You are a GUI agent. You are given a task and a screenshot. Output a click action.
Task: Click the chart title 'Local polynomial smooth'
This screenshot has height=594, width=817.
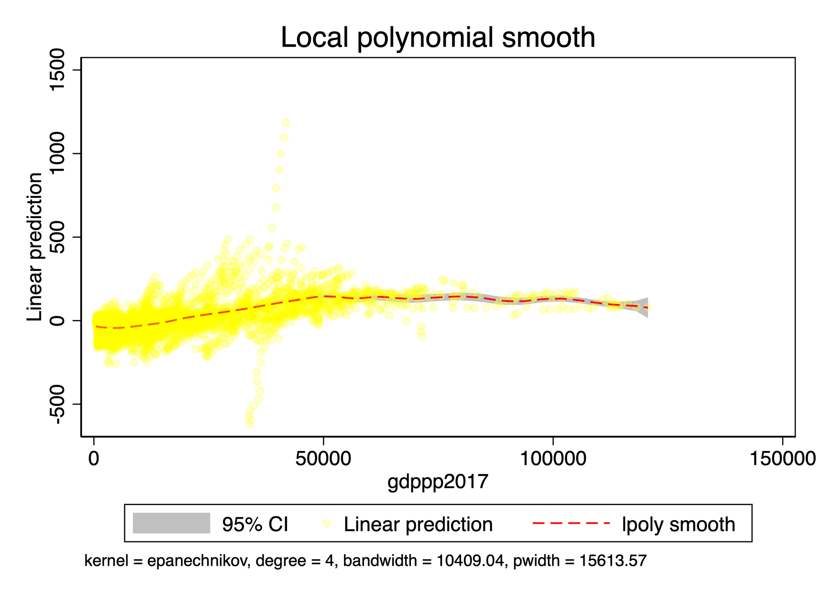coord(438,38)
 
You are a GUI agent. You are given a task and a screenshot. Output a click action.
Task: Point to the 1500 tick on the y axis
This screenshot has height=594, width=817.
coord(58,70)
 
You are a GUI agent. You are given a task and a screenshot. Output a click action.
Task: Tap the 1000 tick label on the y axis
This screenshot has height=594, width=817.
coord(58,154)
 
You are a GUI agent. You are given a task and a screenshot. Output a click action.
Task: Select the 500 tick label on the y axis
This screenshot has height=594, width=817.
coord(58,237)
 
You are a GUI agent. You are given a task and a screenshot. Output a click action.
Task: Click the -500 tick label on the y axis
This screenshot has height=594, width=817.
coord(58,404)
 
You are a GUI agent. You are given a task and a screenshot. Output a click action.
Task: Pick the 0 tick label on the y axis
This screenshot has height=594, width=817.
coord(58,321)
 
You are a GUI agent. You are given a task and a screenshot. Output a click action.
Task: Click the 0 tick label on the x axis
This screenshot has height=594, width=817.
coord(94,458)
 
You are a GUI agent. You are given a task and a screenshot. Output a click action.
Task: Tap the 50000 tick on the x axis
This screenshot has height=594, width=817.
coord(324,458)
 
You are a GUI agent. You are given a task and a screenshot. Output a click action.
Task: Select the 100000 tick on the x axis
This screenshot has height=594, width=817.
coord(553,458)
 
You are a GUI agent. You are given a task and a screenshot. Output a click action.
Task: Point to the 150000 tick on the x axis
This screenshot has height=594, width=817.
coord(782,458)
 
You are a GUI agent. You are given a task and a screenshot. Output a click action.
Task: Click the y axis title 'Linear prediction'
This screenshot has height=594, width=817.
coord(34,247)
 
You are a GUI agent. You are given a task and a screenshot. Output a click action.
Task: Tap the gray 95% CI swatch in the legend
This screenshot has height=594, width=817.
coord(171,523)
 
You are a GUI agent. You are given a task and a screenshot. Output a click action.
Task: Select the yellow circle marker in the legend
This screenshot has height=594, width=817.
coord(326,523)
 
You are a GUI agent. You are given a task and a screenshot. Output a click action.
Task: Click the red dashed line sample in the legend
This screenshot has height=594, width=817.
coord(571,523)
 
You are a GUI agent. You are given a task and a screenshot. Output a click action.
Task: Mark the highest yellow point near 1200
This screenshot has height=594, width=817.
coord(286,123)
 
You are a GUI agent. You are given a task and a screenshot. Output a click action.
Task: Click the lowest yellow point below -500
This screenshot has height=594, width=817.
coord(249,424)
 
